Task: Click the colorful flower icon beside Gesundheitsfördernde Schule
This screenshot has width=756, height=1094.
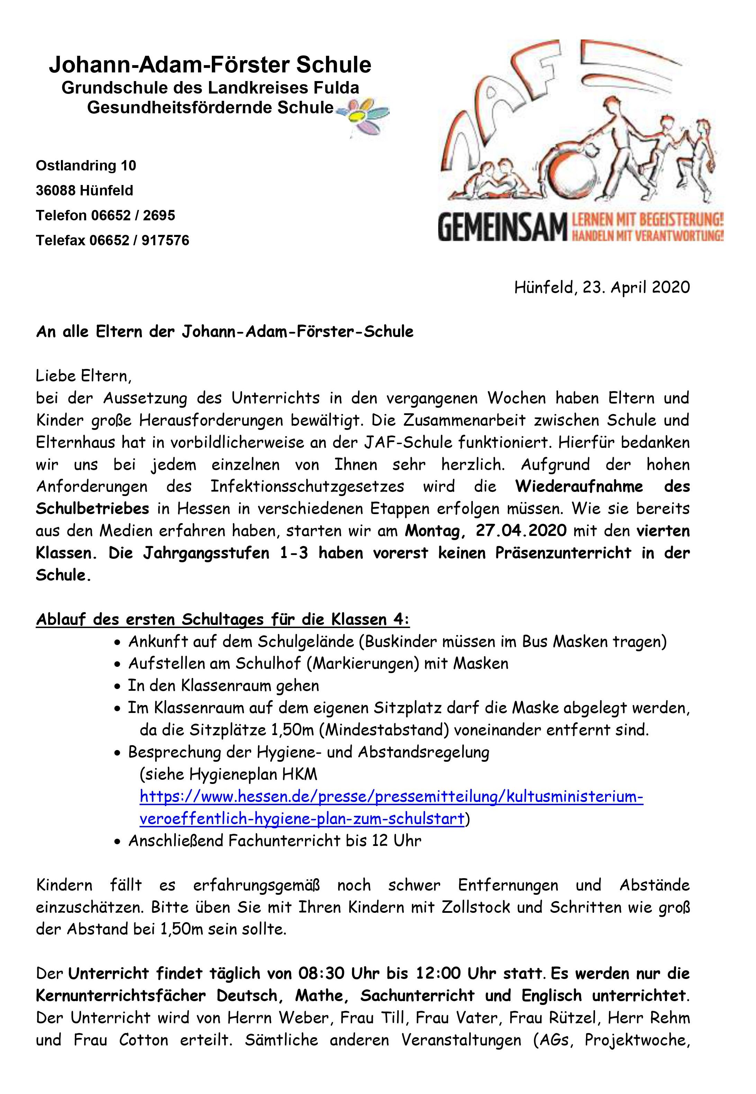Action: [x=364, y=116]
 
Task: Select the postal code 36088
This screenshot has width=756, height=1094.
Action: [x=56, y=191]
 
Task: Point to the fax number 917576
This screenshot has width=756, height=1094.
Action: [x=165, y=241]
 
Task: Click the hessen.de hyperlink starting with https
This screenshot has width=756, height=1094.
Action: [x=391, y=797]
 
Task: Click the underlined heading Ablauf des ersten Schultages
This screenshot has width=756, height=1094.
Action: [x=223, y=619]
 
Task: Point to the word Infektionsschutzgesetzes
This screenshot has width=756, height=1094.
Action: [x=307, y=487]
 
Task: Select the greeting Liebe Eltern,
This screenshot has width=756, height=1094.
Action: [x=84, y=376]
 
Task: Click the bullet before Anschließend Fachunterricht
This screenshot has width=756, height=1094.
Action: [x=118, y=842]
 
